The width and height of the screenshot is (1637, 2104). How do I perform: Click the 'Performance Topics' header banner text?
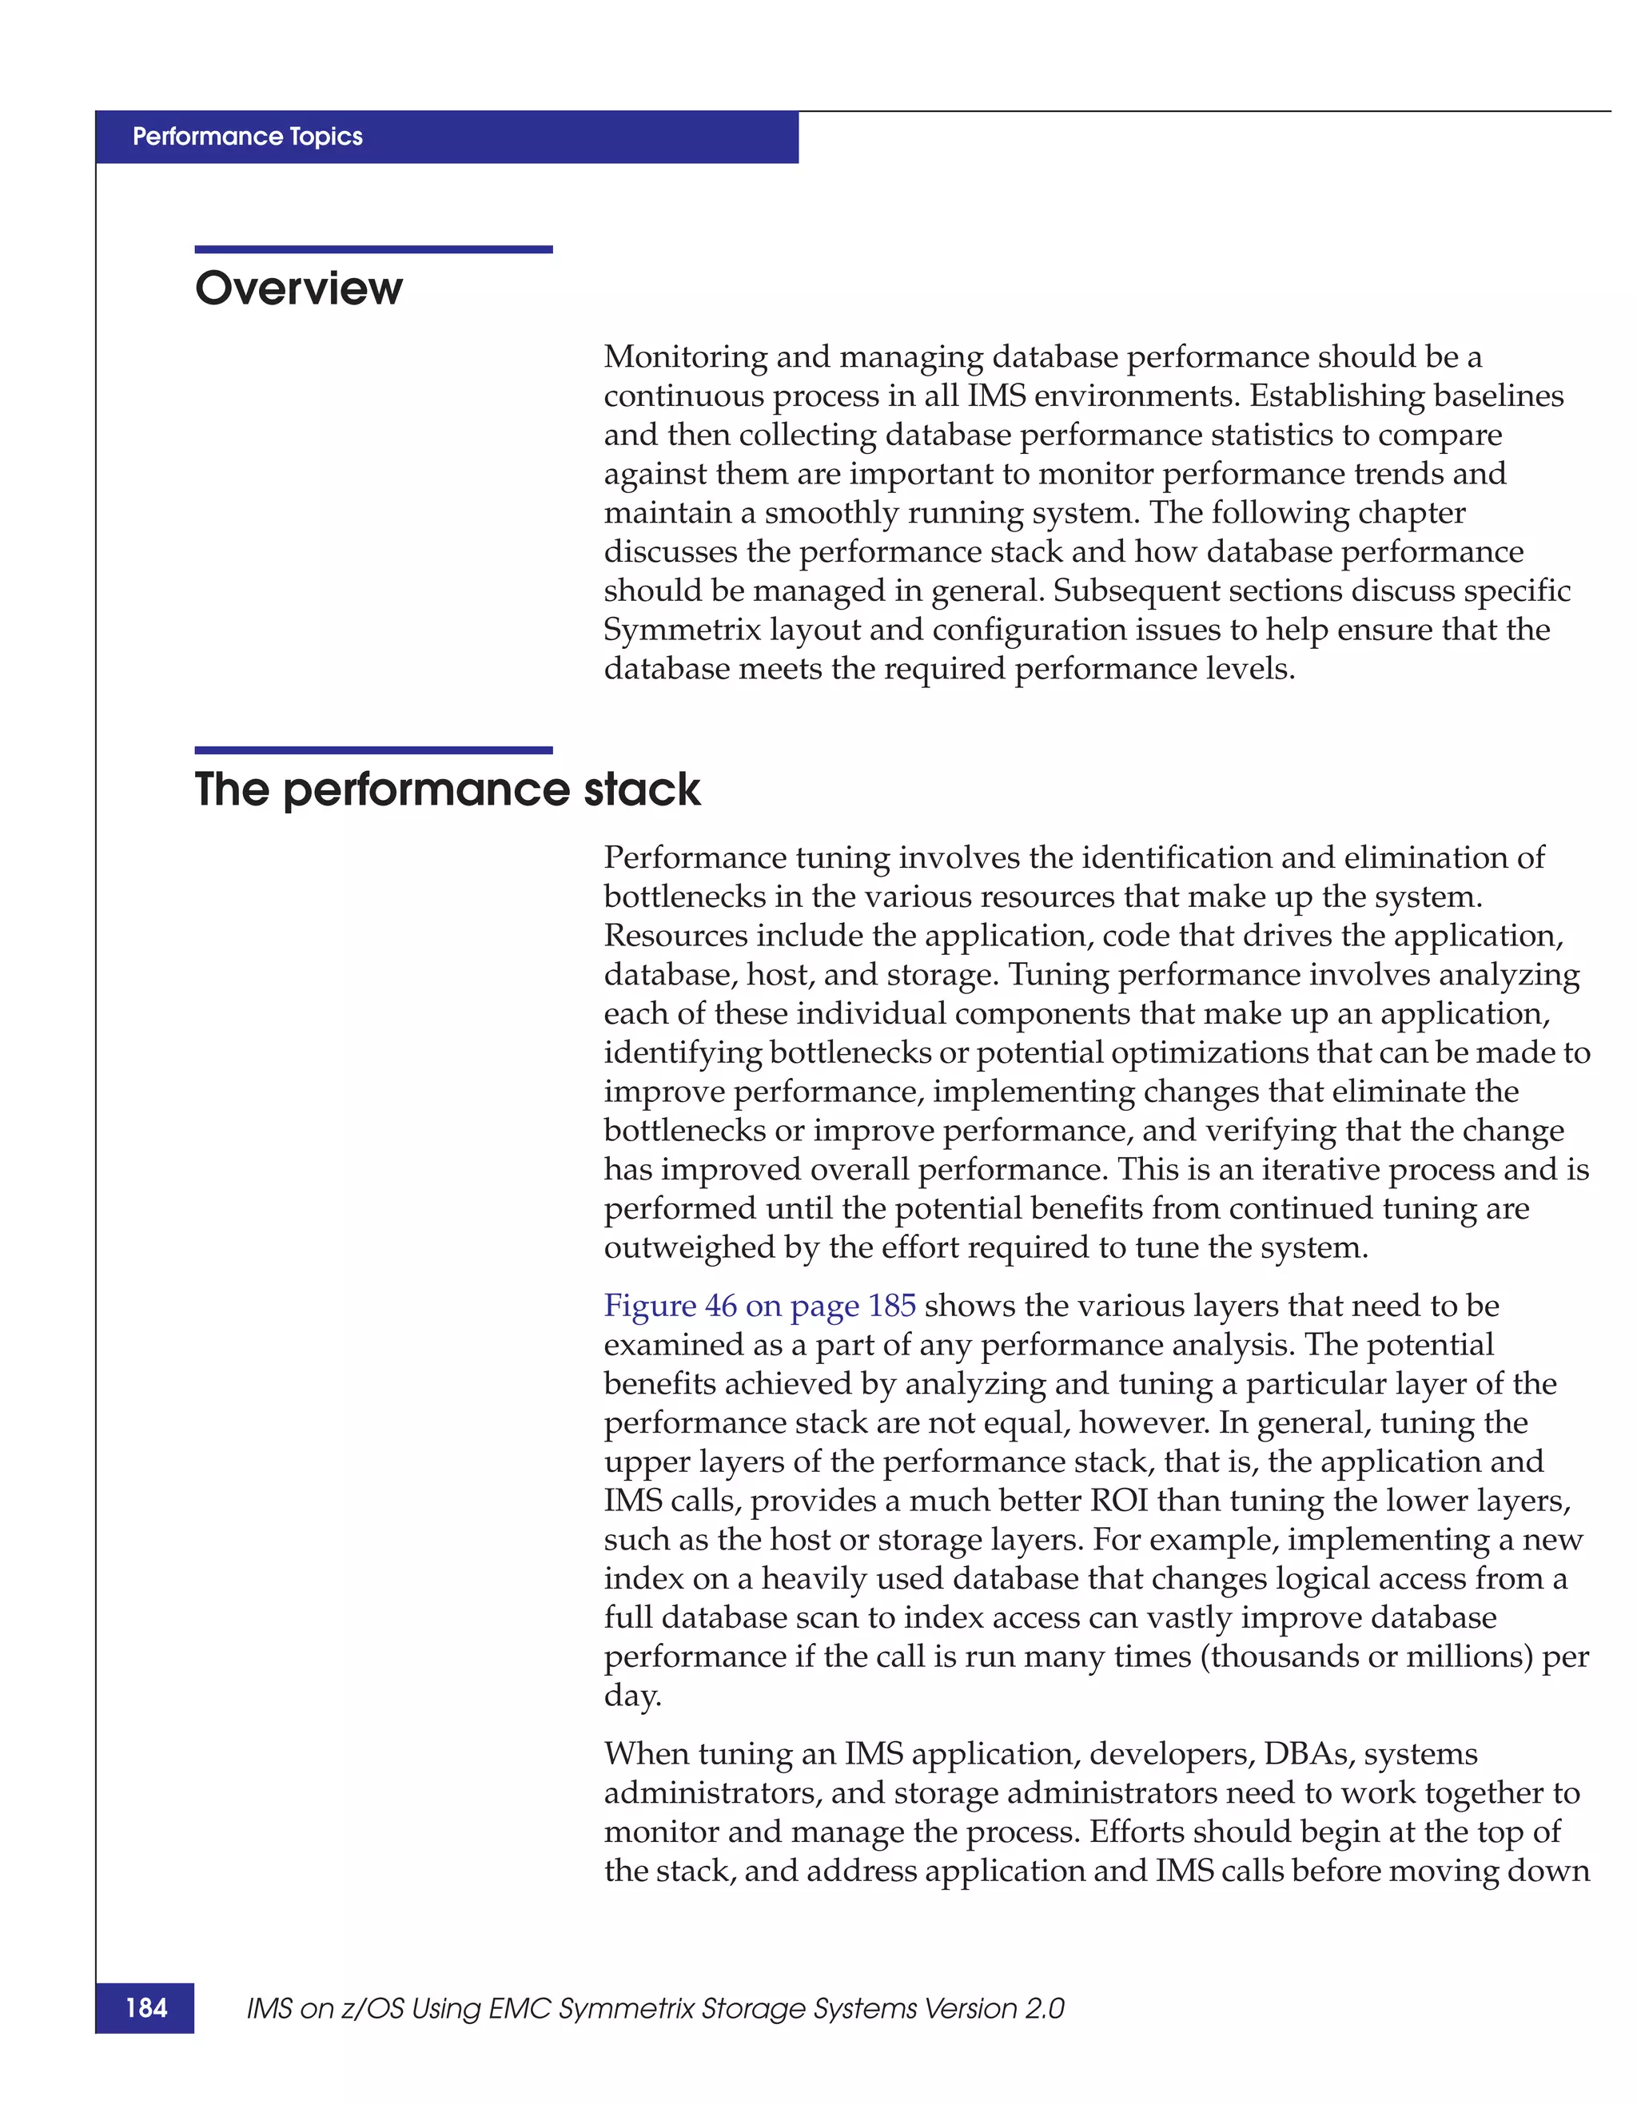(x=248, y=137)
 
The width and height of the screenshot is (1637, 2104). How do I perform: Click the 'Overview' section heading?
(x=299, y=288)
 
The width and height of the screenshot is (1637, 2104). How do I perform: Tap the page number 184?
(x=145, y=2007)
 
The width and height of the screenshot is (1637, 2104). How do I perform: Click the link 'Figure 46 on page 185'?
(x=759, y=1306)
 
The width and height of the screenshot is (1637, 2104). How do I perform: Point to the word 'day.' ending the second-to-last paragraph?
(x=632, y=1696)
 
